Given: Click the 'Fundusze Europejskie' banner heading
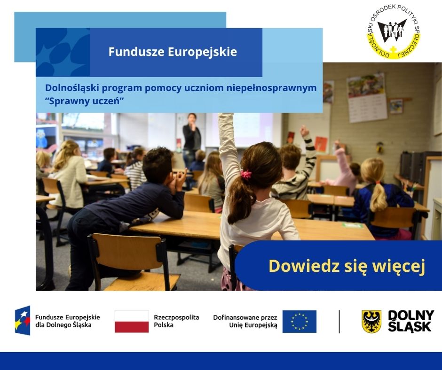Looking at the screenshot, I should [x=173, y=52].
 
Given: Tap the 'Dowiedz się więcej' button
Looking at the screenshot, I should [x=347, y=266].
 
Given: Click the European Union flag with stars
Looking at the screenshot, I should [x=299, y=322].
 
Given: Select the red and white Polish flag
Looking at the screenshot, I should [x=132, y=322].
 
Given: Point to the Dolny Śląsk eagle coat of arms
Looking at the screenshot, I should [x=371, y=322].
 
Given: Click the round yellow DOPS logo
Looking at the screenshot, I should [x=393, y=32].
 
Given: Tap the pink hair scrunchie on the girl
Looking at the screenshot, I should [x=245, y=174].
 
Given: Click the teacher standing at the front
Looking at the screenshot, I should [x=191, y=136].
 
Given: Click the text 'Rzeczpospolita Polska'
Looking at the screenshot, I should [x=176, y=321].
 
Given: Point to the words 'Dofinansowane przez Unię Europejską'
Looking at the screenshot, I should [x=245, y=321].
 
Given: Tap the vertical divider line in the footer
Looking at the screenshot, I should [x=339, y=322].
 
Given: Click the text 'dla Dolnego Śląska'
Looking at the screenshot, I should [x=63, y=325].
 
